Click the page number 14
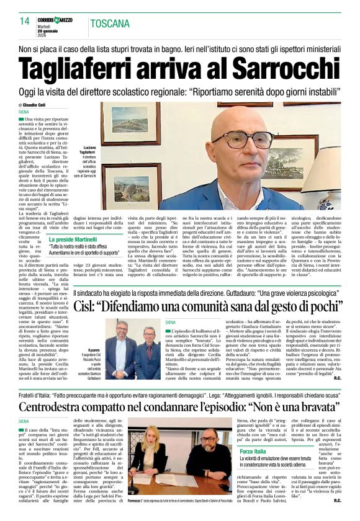[x=24, y=20]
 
